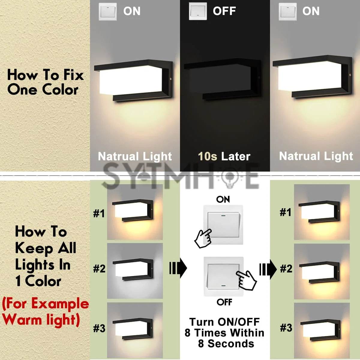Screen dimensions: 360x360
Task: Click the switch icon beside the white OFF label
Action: pyautogui.click(x=198, y=11)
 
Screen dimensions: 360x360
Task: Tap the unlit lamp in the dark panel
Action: pyautogui.click(x=222, y=80)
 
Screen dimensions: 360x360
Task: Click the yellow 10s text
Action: pyautogui.click(x=207, y=156)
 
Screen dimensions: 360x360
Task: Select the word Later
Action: pyautogui.click(x=235, y=156)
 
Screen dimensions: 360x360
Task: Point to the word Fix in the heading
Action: pyautogui.click(x=73, y=75)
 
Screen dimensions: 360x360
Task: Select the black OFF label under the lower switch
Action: pyautogui.click(x=224, y=302)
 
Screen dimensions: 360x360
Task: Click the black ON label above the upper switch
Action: pyautogui.click(x=223, y=200)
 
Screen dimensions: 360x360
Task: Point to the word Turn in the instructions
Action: pyautogui.click(x=201, y=322)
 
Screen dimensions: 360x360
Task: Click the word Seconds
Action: pyautogui.click(x=231, y=343)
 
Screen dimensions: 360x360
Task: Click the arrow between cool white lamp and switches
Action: pyautogui.click(x=178, y=268)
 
